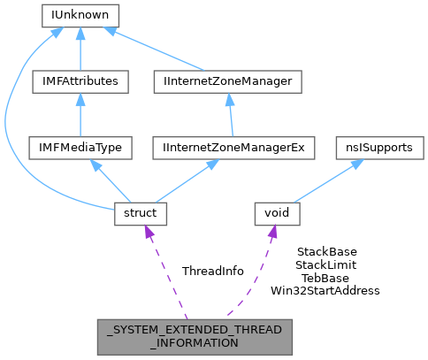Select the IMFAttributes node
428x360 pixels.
(80, 81)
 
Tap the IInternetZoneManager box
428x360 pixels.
(227, 81)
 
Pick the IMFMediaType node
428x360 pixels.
(80, 148)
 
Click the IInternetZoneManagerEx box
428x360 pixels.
(233, 148)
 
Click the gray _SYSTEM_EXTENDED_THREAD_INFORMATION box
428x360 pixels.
(195, 337)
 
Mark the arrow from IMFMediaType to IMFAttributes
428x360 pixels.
(80, 115)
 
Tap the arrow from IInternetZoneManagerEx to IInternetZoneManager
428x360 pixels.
(231, 115)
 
